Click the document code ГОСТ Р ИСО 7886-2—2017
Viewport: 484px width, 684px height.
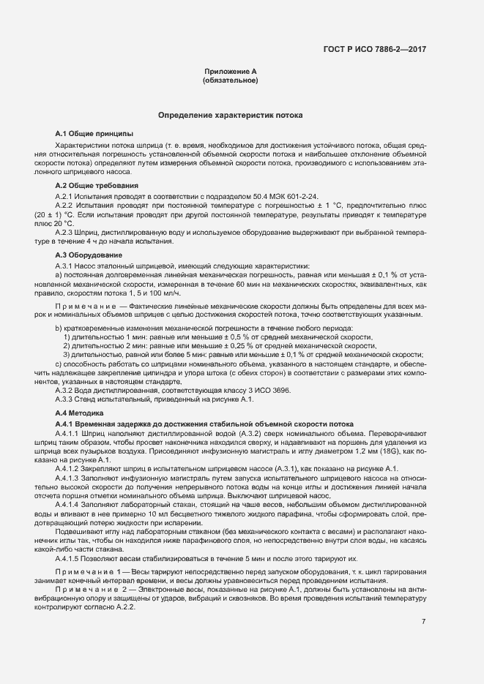374,49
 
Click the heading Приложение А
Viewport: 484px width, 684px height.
230,72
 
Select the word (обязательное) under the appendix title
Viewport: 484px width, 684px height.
230,80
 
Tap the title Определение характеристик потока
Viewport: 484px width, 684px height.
231,116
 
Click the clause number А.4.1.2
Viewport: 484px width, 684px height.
70,468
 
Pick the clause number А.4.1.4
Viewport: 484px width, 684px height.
70,505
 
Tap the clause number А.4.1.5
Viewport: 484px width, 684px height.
70,558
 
